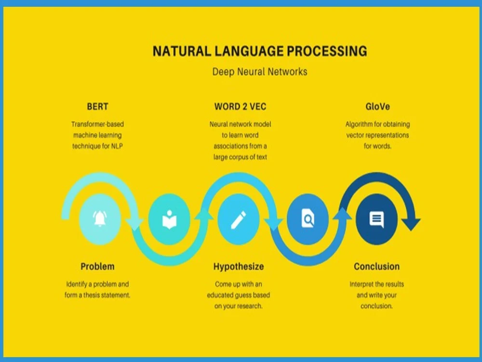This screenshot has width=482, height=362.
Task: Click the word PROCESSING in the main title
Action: tap(324, 51)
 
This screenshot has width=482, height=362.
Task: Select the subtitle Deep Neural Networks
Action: tap(260, 72)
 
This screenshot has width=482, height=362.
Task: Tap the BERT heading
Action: tap(97, 106)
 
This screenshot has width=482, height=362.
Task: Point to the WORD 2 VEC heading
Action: tap(240, 106)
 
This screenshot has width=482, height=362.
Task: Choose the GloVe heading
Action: tap(377, 106)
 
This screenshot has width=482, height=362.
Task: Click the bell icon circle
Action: tap(100, 220)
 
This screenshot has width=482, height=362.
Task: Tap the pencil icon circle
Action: tap(238, 220)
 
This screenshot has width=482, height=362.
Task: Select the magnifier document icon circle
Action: tap(308, 220)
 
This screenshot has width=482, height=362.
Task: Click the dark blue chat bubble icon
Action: tap(376, 220)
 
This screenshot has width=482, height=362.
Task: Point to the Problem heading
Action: tap(97, 266)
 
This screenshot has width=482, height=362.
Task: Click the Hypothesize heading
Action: tap(239, 266)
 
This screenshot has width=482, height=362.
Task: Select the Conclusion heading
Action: tap(376, 266)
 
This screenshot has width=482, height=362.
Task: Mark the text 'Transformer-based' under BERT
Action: tap(97, 124)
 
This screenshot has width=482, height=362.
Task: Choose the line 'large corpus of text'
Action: tap(240, 157)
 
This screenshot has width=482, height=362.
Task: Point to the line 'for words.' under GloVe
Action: tap(377, 146)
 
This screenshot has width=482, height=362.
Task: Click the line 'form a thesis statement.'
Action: tap(97, 295)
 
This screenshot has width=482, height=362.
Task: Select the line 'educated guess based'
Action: tap(239, 295)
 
